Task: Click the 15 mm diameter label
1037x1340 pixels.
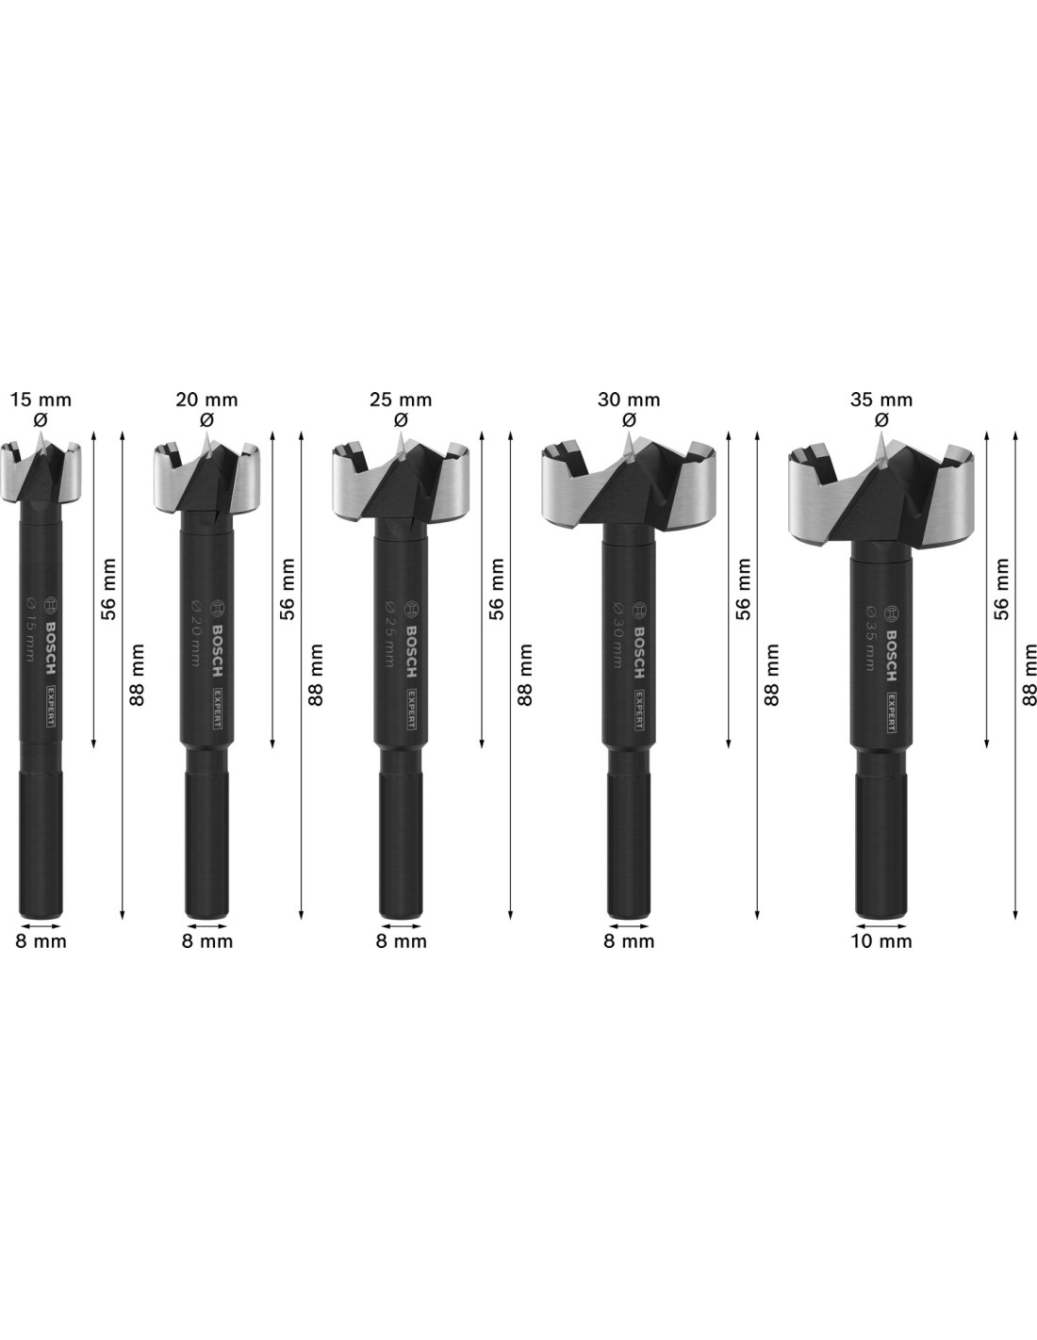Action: pos(41,400)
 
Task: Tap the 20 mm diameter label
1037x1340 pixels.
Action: pos(206,400)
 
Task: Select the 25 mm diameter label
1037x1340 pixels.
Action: pos(401,400)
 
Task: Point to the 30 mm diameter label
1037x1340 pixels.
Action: pos(629,400)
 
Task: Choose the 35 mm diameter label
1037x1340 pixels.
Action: pos(881,400)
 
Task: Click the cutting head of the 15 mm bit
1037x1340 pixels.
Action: pos(41,468)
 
